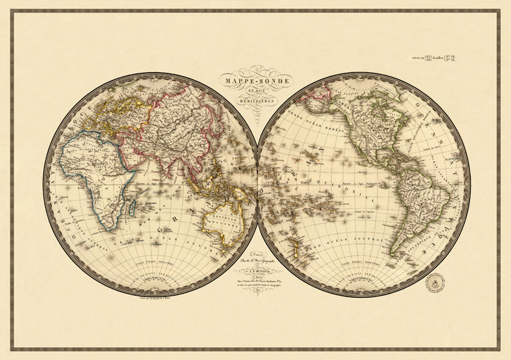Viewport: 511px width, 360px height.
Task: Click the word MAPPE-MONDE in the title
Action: coord(257,81)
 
